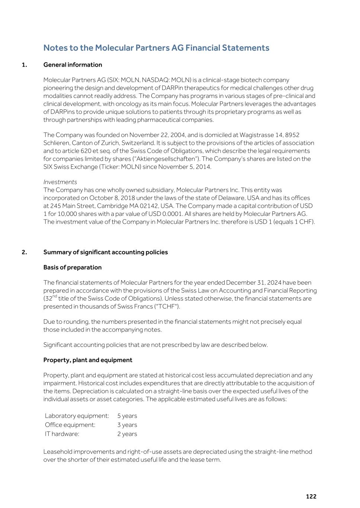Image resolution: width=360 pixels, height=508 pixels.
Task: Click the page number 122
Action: [x=311, y=496]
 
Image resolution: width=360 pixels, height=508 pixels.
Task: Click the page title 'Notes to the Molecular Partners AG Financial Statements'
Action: [x=156, y=48]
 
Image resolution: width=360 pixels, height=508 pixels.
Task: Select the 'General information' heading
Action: [x=73, y=65]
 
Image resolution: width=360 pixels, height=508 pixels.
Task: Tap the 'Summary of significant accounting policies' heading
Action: [x=106, y=252]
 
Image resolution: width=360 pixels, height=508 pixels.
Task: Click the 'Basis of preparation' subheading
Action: [x=73, y=267]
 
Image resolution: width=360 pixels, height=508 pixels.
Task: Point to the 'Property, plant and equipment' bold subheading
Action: [x=88, y=360]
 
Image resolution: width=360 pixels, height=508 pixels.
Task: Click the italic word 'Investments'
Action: [x=60, y=182]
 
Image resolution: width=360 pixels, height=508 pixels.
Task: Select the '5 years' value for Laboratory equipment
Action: [x=127, y=416]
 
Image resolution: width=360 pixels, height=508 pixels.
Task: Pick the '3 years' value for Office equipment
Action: [x=127, y=425]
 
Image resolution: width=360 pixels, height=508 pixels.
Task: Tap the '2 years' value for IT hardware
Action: [x=127, y=434]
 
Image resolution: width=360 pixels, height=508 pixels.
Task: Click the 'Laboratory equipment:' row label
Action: [x=77, y=416]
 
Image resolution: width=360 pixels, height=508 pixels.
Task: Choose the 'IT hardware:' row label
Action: [x=62, y=434]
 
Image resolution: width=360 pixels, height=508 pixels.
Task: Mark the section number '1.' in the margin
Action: [x=24, y=65]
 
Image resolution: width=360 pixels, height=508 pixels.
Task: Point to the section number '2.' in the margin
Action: [x=24, y=252]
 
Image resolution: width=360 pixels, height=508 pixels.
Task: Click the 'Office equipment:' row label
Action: [x=70, y=425]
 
